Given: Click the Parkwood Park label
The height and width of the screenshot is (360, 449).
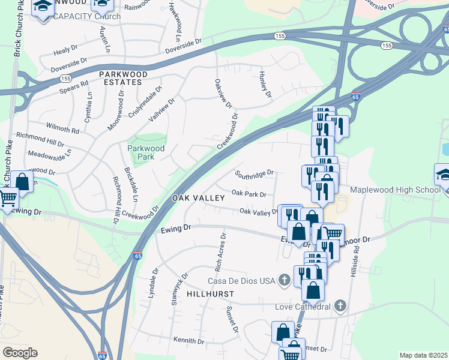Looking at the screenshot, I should (x=141, y=152).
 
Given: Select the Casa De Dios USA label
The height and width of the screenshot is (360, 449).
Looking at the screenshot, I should (x=241, y=280).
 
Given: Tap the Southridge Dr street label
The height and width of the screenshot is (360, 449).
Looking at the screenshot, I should (x=254, y=175).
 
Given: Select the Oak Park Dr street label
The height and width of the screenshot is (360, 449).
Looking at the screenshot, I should (x=248, y=194).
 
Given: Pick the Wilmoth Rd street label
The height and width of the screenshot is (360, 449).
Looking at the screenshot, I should (x=63, y=129).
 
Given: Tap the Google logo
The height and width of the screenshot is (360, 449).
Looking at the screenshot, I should (x=20, y=353).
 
